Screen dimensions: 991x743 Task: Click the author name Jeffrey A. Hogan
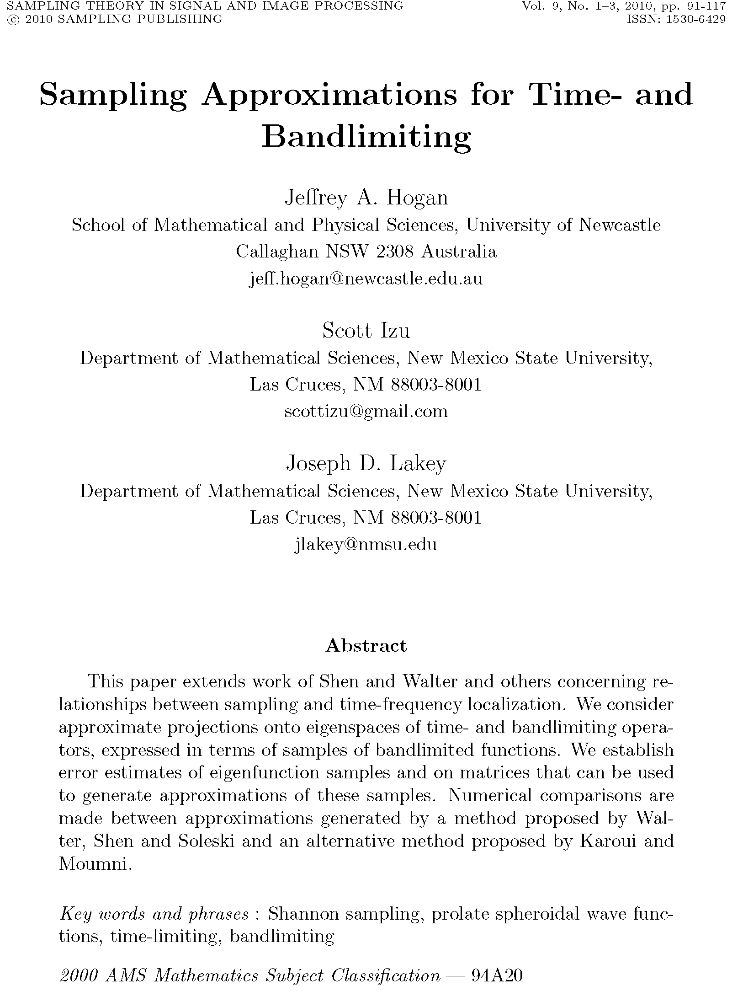366,198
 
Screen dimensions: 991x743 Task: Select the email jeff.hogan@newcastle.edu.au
366,279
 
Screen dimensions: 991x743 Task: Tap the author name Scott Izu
366,331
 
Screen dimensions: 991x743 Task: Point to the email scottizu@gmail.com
366,412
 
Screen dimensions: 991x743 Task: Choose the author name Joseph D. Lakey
366,464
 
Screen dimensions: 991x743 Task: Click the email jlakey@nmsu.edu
366,545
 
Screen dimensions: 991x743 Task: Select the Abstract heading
366,646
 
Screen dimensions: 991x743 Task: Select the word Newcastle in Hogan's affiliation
620,225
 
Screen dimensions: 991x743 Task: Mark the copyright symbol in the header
9,19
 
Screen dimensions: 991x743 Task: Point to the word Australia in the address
458,252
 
